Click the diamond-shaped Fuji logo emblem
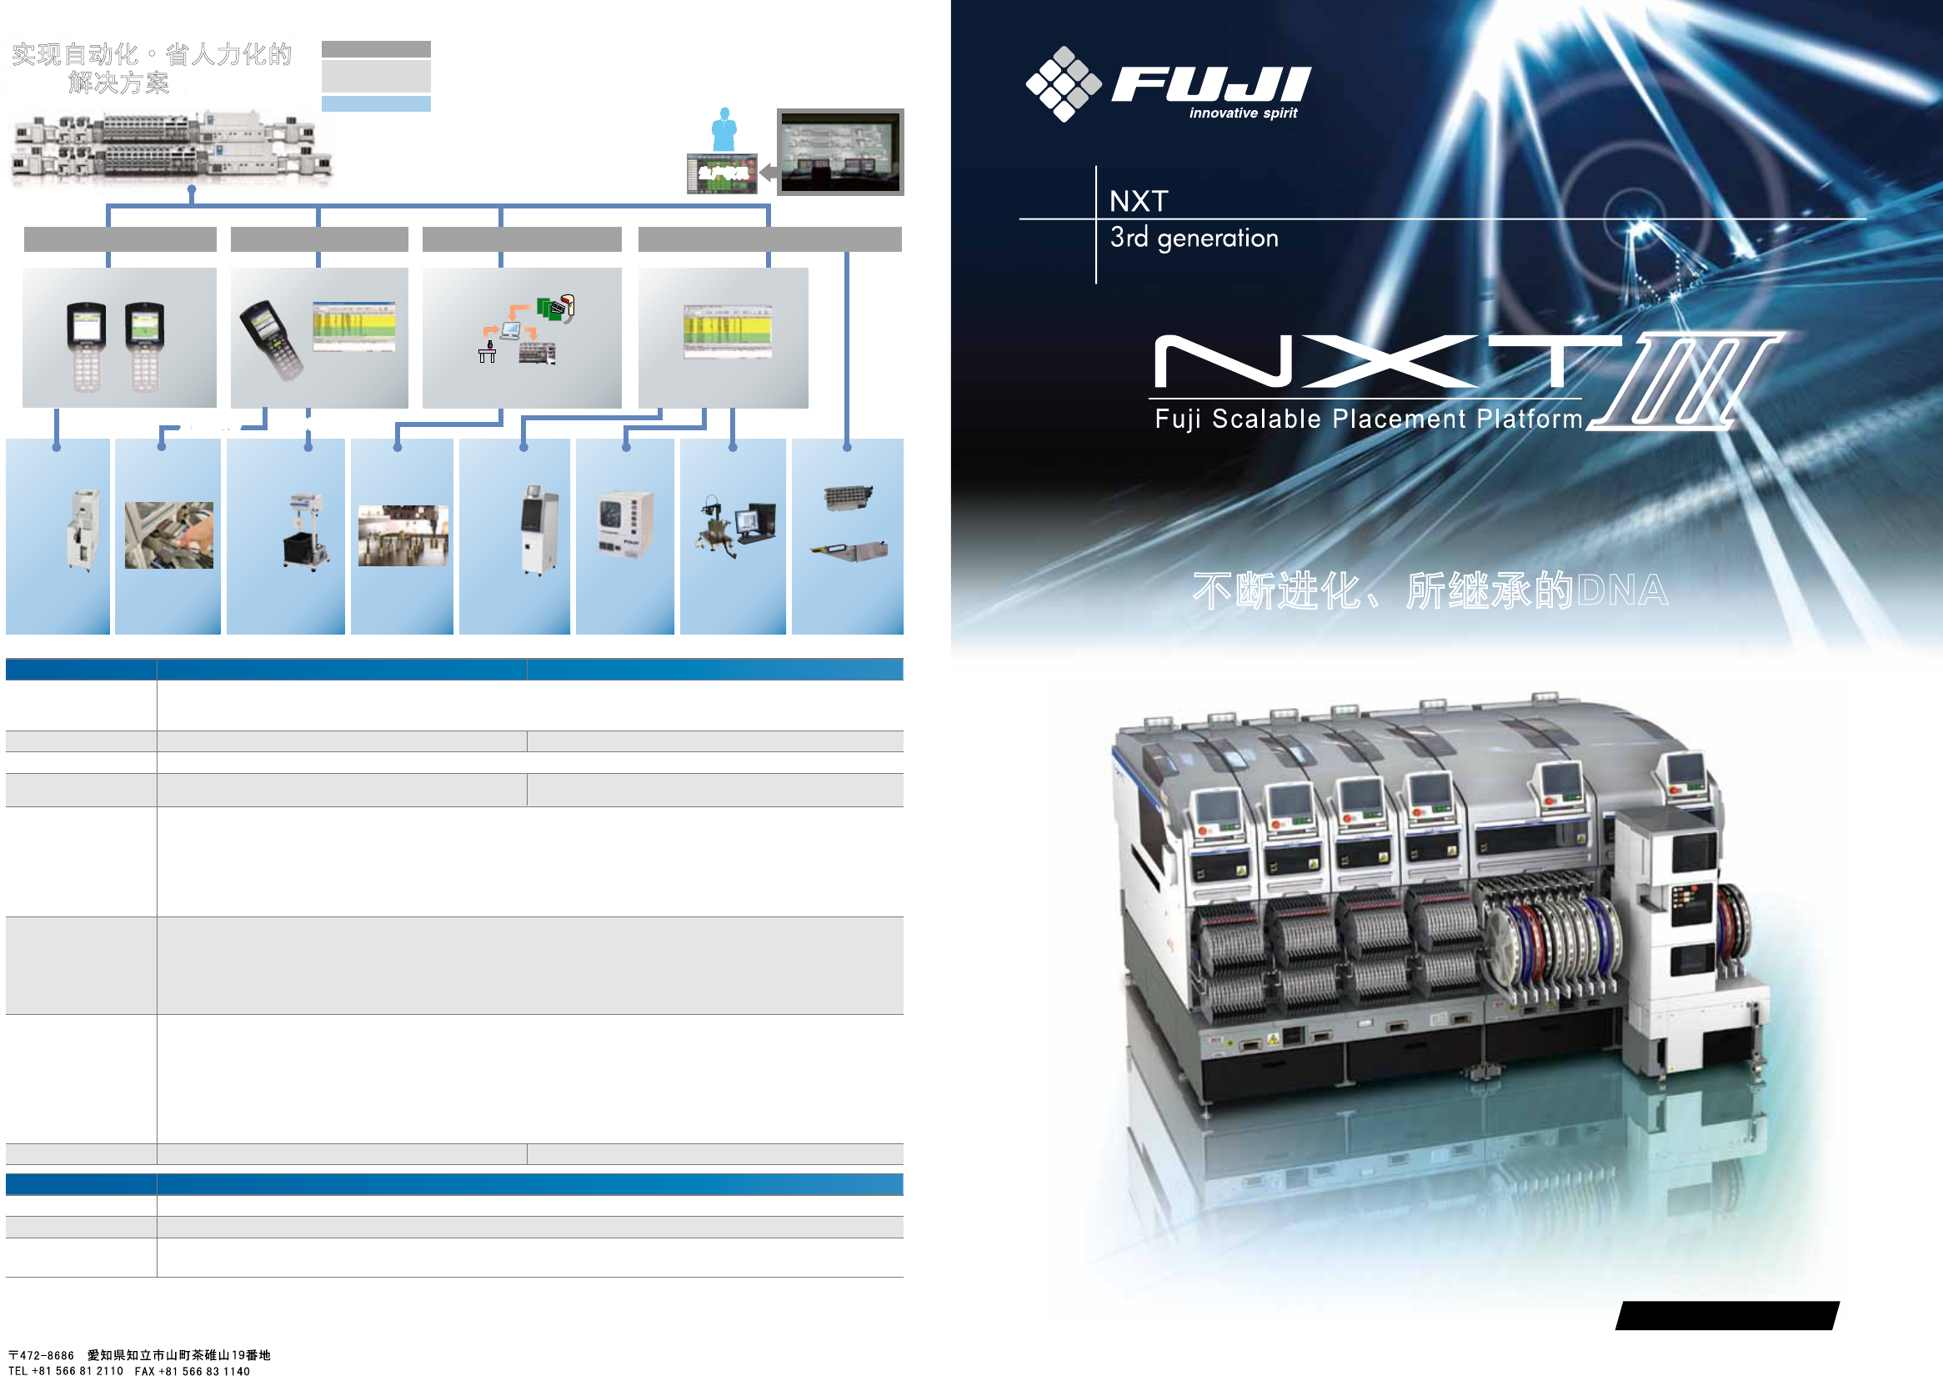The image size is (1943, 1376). click(x=1063, y=84)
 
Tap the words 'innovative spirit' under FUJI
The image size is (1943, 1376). click(x=1243, y=113)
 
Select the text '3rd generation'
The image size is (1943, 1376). click(x=1194, y=238)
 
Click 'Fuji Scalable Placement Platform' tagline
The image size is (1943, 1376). click(x=1368, y=419)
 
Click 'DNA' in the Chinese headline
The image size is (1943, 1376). click(x=1622, y=590)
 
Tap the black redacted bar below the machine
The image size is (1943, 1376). click(x=1727, y=1315)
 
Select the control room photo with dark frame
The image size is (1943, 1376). click(x=840, y=152)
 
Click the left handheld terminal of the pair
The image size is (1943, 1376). click(x=87, y=346)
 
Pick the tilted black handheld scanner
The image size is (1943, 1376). click(x=271, y=339)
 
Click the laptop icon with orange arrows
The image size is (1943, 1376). click(x=511, y=329)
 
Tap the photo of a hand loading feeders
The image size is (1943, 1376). click(x=168, y=535)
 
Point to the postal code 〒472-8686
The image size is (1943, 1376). click(x=42, y=1355)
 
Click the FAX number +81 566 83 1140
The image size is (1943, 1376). click(x=193, y=1370)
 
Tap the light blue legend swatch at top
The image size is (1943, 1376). click(x=375, y=103)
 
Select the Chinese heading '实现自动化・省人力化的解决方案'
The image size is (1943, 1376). click(x=151, y=68)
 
